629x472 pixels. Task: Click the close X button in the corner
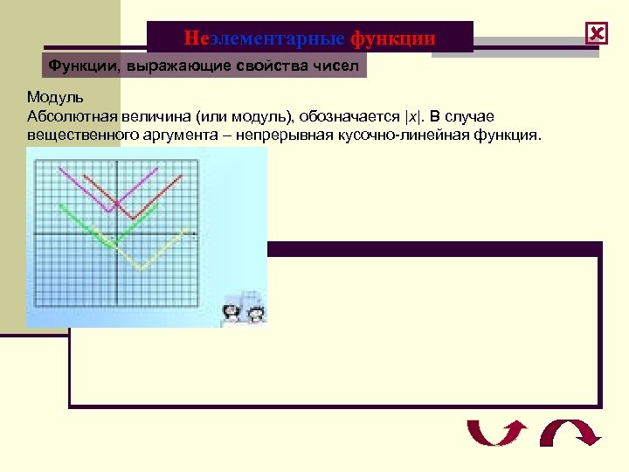(x=597, y=35)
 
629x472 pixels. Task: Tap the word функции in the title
(x=393, y=38)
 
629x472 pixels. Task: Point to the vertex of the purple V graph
(x=108, y=211)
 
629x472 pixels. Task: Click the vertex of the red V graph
(x=130, y=219)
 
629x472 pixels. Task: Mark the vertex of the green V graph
(x=112, y=245)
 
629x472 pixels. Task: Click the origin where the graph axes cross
(x=118, y=236)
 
